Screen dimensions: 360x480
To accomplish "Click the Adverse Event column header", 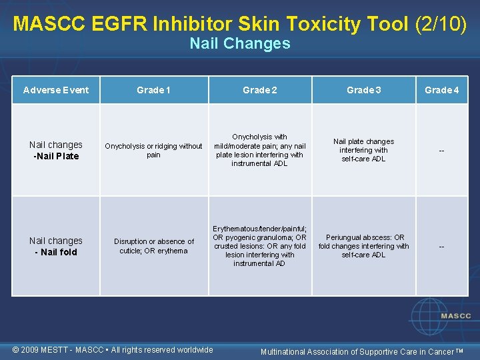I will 56,90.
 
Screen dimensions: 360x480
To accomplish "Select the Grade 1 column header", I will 153,90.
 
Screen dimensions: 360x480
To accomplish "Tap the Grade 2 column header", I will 259,90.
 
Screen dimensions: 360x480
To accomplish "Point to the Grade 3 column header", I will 363,90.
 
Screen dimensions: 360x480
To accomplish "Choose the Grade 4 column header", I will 441,90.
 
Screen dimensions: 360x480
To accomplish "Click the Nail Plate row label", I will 56,151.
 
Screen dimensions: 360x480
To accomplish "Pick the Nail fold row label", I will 56,247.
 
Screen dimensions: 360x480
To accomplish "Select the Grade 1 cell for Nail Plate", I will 153,151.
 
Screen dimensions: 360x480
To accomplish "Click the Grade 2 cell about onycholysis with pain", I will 259,150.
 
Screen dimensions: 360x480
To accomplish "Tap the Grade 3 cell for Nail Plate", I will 363,150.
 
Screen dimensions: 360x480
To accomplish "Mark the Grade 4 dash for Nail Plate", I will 441,151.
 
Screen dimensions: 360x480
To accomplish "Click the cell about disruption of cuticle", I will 153,246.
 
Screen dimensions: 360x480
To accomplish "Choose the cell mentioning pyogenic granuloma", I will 259,246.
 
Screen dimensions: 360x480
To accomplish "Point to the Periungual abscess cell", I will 363,246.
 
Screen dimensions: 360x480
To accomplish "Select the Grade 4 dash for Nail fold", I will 441,247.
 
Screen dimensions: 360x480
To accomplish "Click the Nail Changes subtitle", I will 240,44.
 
